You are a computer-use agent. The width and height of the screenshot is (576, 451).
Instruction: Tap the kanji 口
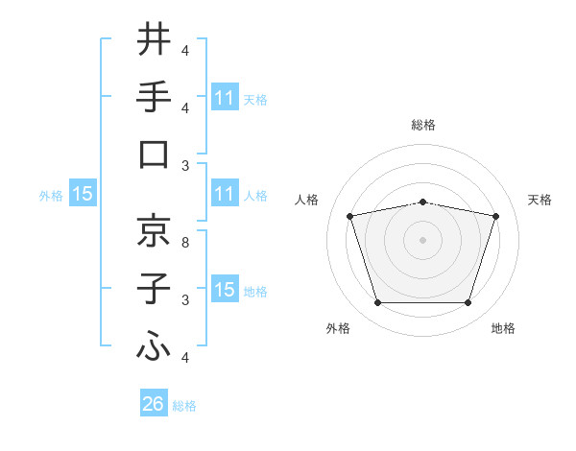coord(154,154)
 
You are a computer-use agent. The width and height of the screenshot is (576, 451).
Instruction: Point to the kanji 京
coord(154,230)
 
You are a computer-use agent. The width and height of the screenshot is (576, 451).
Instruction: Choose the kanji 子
coord(154,289)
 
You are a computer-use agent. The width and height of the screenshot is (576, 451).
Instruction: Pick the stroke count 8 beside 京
coord(186,243)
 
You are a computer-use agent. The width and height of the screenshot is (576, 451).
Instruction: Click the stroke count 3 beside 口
coord(186,166)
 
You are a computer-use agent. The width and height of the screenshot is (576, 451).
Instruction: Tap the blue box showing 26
coord(154,404)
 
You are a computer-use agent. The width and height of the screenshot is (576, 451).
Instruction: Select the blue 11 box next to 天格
coord(224,98)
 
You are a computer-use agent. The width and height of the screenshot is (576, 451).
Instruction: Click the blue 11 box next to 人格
coord(224,195)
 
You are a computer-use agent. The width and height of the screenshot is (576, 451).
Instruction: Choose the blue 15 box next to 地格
coord(224,290)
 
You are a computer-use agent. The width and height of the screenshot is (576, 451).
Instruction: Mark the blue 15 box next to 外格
coord(83,195)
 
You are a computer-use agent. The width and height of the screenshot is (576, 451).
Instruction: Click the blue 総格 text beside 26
coord(184,406)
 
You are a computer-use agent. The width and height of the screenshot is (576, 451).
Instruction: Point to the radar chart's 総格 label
coord(423,125)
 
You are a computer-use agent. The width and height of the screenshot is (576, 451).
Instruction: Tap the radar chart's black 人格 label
coord(307,200)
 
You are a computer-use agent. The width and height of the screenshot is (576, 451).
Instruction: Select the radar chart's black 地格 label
coord(503,328)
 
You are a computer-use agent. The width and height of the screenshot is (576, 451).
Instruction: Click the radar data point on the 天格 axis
coord(495,216)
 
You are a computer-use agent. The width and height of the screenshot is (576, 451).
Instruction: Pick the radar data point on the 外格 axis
coord(377,303)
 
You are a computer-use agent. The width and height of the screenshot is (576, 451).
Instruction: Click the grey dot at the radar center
coord(422,240)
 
